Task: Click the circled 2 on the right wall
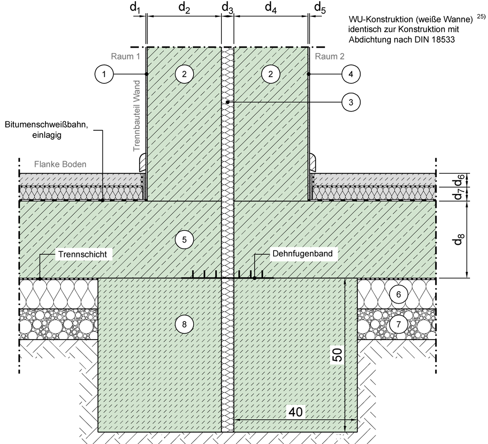271,74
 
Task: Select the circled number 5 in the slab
184,239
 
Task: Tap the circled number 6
398,295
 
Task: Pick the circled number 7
398,324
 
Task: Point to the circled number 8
184,325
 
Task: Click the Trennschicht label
83,254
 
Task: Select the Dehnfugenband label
302,253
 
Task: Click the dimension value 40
296,411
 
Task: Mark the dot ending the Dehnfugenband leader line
255,278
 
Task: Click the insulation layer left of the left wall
83,193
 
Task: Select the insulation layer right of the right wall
372,193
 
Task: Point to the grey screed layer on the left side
83,179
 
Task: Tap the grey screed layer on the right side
372,179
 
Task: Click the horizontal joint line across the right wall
271,102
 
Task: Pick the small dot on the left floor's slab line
102,201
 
